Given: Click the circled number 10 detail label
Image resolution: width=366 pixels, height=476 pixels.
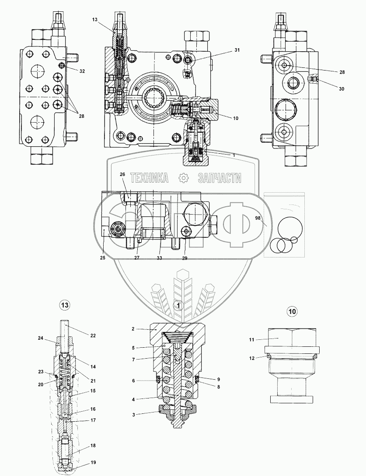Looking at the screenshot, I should pos(292,311).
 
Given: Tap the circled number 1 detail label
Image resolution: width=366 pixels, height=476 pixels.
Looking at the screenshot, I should pos(178,306).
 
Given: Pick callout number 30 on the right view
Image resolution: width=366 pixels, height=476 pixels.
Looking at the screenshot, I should pos(342,89).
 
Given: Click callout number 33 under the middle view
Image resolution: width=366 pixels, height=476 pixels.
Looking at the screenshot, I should pos(159,258).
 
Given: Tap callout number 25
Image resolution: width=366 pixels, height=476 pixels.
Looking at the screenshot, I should pos(102,258).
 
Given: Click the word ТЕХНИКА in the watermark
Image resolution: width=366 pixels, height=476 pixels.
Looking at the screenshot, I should pos(150,178).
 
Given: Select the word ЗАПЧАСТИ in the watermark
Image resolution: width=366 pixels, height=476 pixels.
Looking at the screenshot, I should pos(220,178).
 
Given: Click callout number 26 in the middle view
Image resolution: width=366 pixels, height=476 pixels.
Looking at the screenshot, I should pos(122,175).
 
